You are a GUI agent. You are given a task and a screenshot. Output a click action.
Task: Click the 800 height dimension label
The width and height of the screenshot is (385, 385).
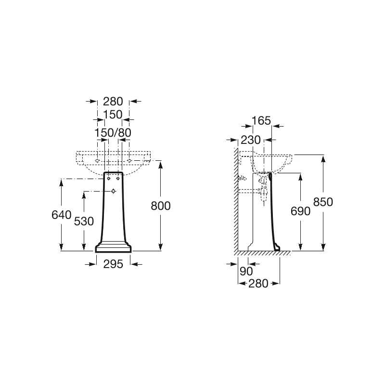pyautogui.click(x=161, y=206)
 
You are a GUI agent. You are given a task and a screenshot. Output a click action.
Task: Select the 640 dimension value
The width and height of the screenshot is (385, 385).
pyautogui.click(x=62, y=215)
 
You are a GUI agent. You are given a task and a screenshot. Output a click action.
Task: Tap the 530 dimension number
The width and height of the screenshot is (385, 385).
pyautogui.click(x=84, y=221)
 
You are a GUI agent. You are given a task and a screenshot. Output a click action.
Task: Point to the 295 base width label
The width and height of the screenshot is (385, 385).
pyautogui.click(x=113, y=264)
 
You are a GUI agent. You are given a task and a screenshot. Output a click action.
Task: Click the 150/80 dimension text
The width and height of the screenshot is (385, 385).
pyautogui.click(x=113, y=133)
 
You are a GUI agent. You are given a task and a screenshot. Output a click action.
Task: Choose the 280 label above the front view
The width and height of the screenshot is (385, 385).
pyautogui.click(x=113, y=101)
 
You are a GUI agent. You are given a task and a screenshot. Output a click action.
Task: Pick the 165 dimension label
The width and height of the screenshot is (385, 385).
pyautogui.click(x=261, y=121)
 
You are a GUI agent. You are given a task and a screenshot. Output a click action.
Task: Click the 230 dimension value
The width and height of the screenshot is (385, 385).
pyautogui.click(x=251, y=140)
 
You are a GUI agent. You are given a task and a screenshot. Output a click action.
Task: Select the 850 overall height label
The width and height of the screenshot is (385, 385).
pyautogui.click(x=323, y=202)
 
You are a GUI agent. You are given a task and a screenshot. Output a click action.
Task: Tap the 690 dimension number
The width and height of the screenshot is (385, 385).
pyautogui.click(x=300, y=211)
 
